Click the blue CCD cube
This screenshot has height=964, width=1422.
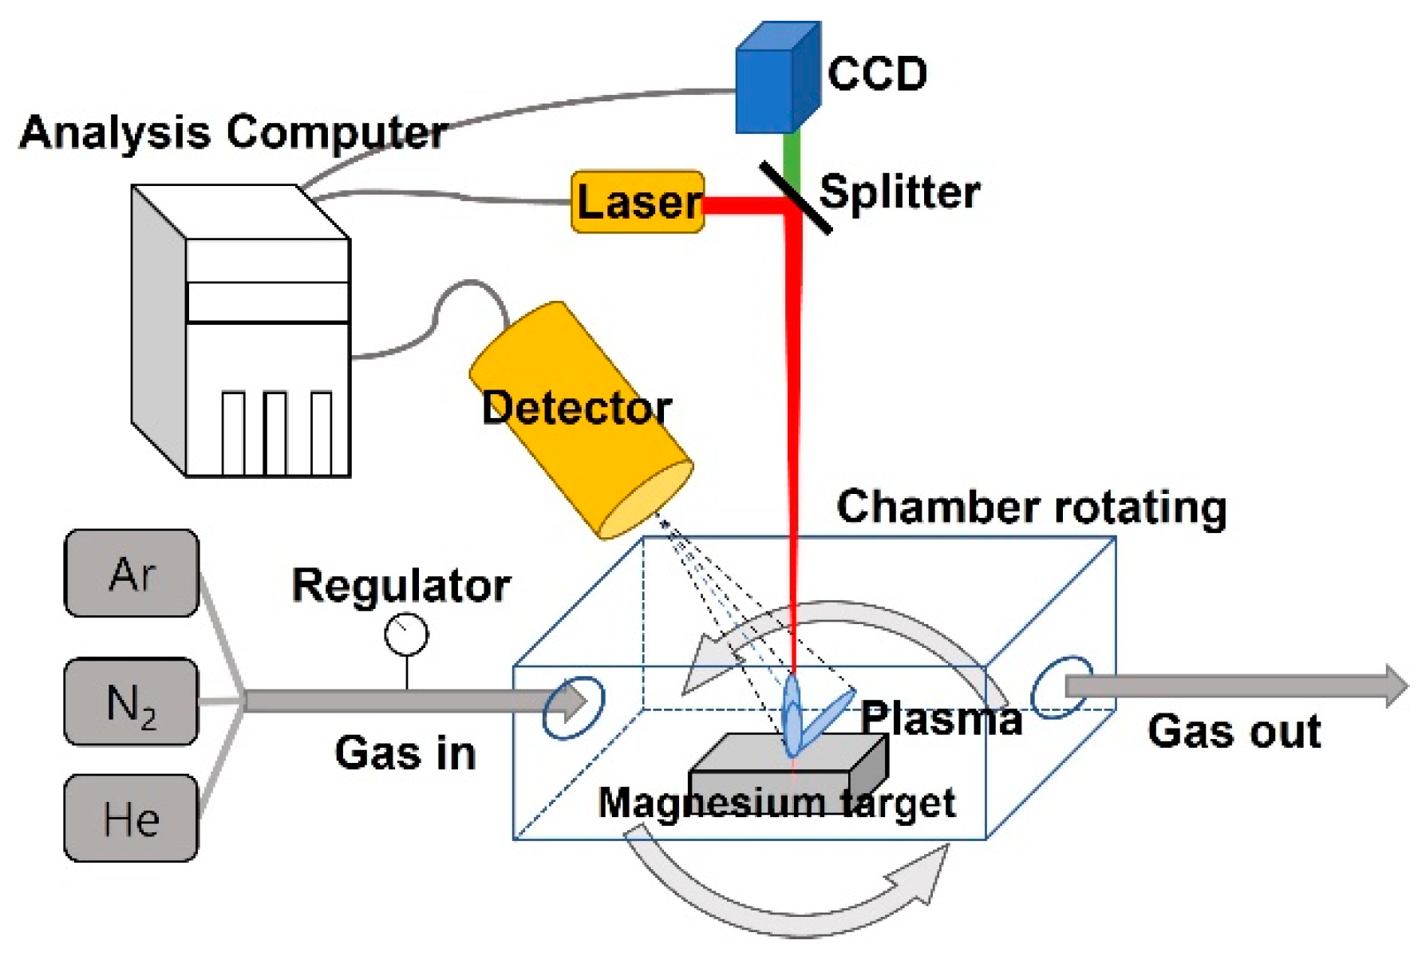click(x=777, y=78)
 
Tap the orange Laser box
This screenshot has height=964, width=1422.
click(x=638, y=202)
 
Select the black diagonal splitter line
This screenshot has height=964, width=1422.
click(x=796, y=197)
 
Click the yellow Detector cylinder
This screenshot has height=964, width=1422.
click(x=580, y=420)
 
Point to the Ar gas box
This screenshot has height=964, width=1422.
click(x=132, y=573)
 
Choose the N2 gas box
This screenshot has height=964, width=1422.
click(x=132, y=701)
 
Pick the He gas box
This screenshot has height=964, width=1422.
click(x=132, y=818)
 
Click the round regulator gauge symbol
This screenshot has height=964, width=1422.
click(x=406, y=634)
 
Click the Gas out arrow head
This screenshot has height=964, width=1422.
click(x=1397, y=685)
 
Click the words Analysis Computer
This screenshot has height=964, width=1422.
click(x=233, y=132)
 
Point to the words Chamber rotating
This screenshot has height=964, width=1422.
click(x=1032, y=507)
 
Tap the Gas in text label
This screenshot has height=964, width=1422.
click(x=405, y=753)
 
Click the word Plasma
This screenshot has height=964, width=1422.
click(x=942, y=717)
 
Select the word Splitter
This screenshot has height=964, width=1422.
click(x=900, y=192)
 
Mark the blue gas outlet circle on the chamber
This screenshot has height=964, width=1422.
click(x=1061, y=687)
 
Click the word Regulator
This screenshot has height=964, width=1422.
click(x=401, y=587)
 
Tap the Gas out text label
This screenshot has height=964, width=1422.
click(x=1234, y=731)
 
